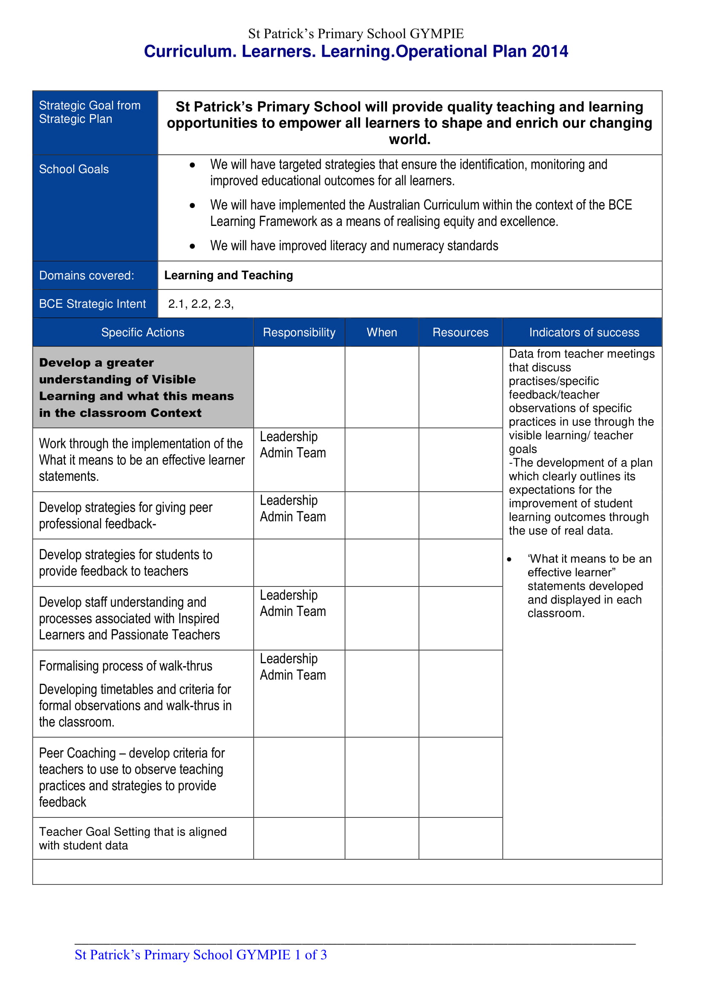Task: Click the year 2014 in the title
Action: [549, 52]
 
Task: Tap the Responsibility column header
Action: [299, 332]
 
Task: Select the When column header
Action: [381, 332]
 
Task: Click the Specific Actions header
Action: [143, 332]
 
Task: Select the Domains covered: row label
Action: [87, 276]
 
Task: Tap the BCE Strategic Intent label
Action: [92, 304]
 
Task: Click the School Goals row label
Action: [74, 169]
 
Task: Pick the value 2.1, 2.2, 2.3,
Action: [201, 304]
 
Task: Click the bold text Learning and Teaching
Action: [228, 275]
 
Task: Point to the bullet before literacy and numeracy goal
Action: [192, 247]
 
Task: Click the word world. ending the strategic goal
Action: [409, 140]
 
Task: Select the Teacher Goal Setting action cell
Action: [133, 838]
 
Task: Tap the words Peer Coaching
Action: [77, 753]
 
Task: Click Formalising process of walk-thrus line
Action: [125, 666]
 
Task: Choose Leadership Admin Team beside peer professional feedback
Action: [292, 509]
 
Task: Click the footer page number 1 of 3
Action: [310, 955]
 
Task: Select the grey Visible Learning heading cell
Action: [143, 387]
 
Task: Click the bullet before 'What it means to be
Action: [509, 560]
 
